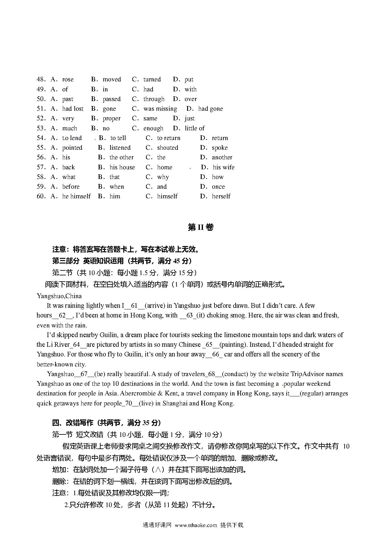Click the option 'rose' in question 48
(68, 80)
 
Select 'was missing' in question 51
(160, 109)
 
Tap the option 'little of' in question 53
(195, 128)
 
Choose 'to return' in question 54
(168, 138)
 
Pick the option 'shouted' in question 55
(167, 148)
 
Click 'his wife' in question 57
(224, 167)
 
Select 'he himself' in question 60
(76, 196)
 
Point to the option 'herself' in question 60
(221, 196)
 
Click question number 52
(41, 119)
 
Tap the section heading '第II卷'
(201, 227)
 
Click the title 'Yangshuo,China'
(59, 296)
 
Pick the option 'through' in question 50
(154, 99)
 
